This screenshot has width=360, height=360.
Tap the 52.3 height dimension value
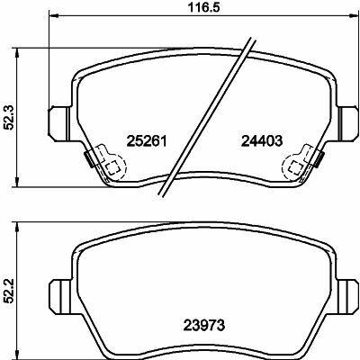point(10,118)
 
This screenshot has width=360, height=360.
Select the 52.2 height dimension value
point(10,291)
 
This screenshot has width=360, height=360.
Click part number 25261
point(147,140)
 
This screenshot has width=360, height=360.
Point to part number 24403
point(262,140)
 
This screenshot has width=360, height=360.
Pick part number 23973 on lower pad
point(204,325)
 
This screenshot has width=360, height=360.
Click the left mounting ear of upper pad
point(59,123)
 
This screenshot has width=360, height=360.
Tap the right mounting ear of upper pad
point(347,123)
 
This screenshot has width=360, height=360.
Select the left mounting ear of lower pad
point(60,296)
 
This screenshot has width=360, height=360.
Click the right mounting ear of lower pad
point(347,296)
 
